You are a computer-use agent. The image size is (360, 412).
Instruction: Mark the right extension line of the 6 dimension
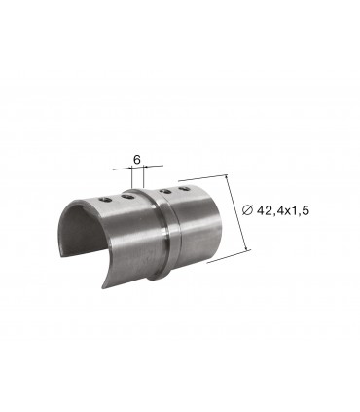tap(145, 178)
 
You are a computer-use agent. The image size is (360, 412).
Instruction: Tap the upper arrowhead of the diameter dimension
tap(227, 180)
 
